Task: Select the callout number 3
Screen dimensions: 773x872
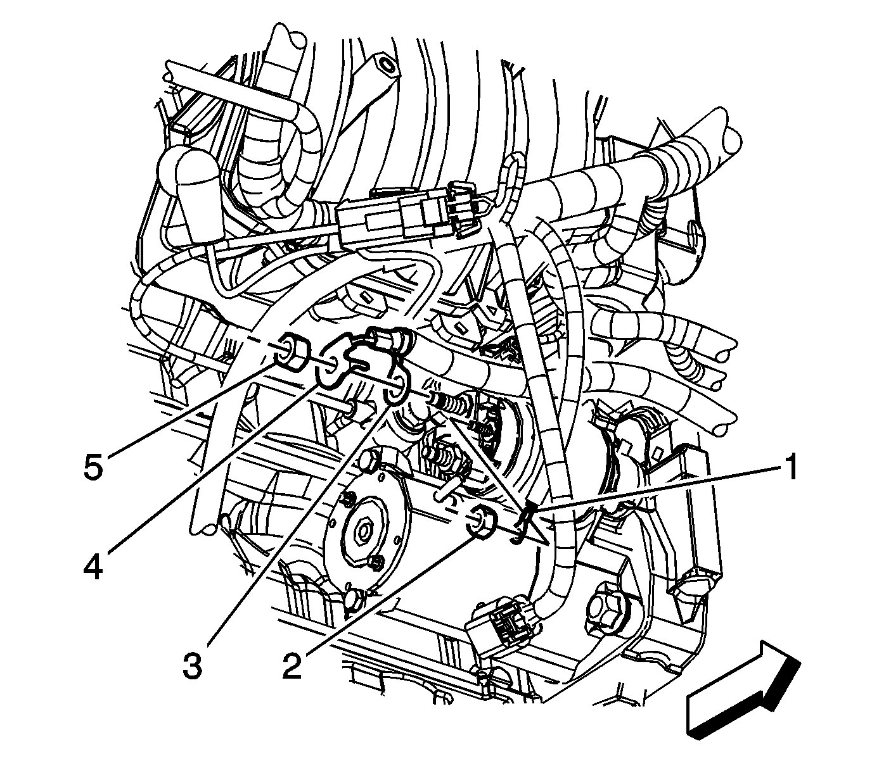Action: (193, 666)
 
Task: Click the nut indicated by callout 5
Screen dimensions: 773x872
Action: (292, 351)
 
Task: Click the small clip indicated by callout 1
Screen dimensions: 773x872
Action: (523, 523)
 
